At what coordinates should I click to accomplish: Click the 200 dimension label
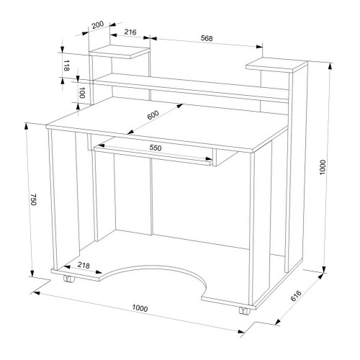pos(98,24)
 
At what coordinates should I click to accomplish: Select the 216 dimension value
pos(130,32)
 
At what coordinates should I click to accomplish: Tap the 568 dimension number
pos(207,38)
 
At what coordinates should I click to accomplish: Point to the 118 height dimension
pos(66,66)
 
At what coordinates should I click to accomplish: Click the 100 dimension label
pos(82,93)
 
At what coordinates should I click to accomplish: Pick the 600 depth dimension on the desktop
pos(153,115)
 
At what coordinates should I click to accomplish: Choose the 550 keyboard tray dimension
pos(156,148)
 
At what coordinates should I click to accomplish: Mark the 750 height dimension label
pos(33,199)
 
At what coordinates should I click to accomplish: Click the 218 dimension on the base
pos(84,265)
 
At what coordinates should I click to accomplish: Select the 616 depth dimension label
pos(296,296)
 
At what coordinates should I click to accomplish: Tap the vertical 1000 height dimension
pos(323,167)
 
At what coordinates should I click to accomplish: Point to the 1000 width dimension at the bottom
pos(140,308)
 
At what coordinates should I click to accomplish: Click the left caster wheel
pos(69,279)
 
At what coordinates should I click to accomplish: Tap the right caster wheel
pos(245,311)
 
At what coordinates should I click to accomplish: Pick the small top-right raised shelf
pos(276,65)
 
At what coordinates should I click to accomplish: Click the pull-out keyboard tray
pos(153,155)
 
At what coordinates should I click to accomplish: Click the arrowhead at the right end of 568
pos(259,47)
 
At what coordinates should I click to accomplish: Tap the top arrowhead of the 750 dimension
pos(27,127)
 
